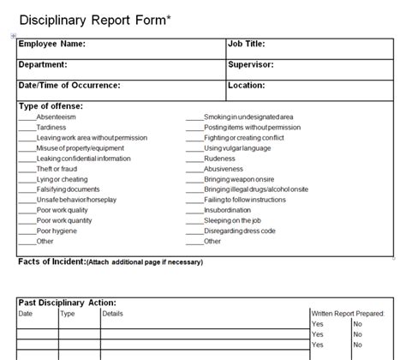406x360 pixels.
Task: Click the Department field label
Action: click(x=43, y=64)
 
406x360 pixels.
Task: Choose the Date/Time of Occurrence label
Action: click(x=69, y=86)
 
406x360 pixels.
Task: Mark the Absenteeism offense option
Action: click(x=57, y=117)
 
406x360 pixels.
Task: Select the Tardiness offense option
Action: click(x=51, y=127)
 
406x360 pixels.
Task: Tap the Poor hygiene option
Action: click(x=55, y=231)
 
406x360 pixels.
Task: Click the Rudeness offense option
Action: click(x=218, y=159)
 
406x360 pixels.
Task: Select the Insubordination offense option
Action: click(x=227, y=210)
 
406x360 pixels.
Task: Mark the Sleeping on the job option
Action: click(x=233, y=221)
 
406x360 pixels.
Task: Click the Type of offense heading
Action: click(x=51, y=106)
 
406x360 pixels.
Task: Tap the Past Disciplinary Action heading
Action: click(x=67, y=303)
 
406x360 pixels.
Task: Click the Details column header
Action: click(x=113, y=313)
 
